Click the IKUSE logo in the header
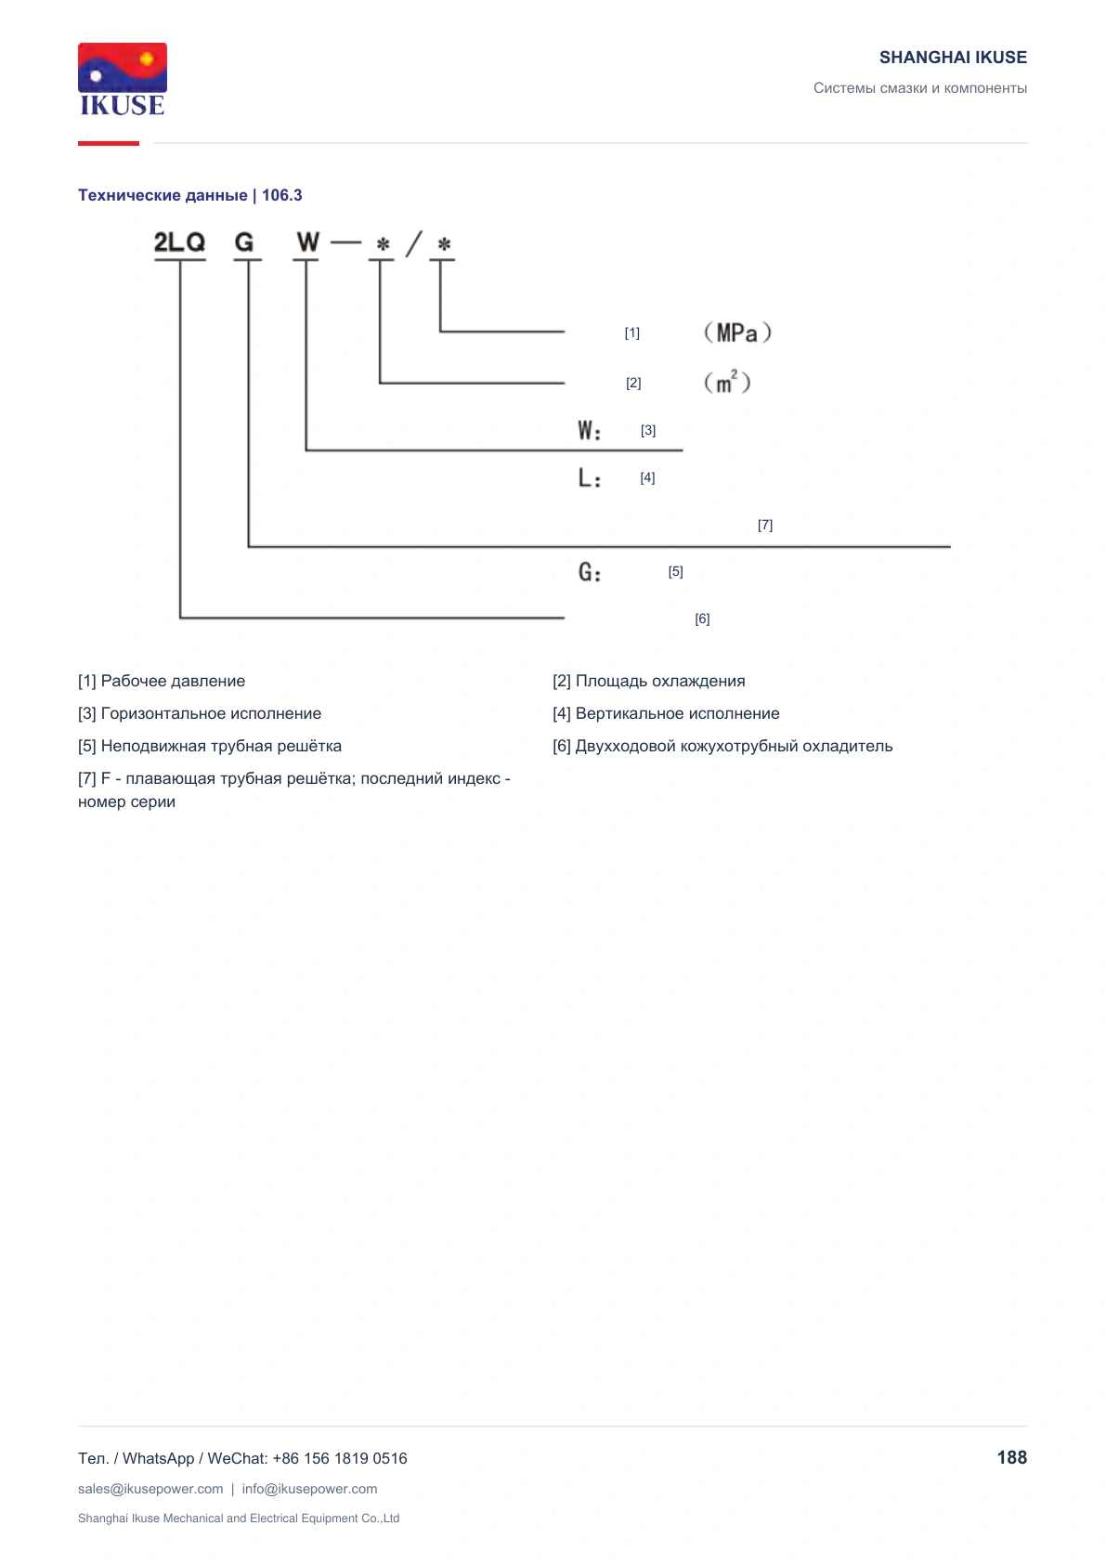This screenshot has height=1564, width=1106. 123,79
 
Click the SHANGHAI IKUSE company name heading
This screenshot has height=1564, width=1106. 953,58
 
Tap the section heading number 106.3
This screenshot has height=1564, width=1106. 281,195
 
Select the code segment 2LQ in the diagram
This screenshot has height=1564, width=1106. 179,242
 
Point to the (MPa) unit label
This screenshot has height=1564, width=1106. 737,332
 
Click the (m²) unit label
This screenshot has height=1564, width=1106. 727,382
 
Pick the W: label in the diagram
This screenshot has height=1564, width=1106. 590,430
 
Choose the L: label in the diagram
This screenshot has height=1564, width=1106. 590,477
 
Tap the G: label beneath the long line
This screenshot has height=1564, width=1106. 590,572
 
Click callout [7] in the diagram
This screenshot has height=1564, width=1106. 765,525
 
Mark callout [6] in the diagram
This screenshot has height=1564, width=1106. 702,619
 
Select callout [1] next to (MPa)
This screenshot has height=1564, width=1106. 631,333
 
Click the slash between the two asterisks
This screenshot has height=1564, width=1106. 413,243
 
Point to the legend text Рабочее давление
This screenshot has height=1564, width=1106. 173,681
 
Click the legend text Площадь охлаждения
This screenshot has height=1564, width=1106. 660,681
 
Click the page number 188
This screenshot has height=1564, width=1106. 1011,1457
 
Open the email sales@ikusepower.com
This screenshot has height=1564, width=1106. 150,1489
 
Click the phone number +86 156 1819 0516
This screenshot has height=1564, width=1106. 339,1458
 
